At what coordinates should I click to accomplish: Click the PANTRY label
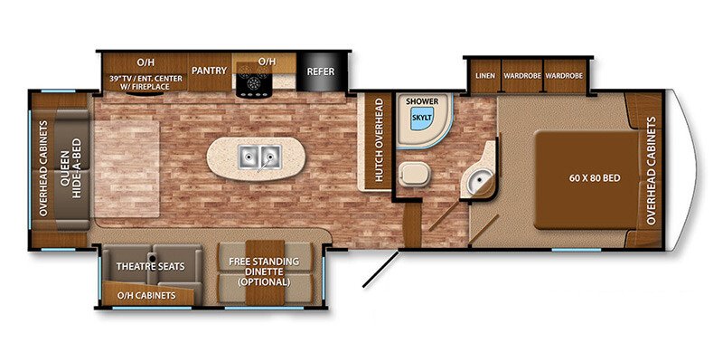(x=210, y=71)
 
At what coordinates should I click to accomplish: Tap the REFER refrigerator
(x=321, y=71)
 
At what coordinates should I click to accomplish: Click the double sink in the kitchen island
(x=260, y=157)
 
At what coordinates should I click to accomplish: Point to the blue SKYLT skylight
(x=421, y=118)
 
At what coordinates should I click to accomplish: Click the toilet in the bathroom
(x=415, y=175)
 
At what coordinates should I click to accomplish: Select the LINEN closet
(x=486, y=75)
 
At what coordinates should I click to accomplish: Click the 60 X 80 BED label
(x=594, y=178)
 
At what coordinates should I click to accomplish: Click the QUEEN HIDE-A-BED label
(x=70, y=168)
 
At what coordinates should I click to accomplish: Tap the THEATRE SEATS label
(x=150, y=266)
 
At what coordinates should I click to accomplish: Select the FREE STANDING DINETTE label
(x=264, y=271)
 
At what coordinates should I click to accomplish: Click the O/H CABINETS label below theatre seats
(x=146, y=296)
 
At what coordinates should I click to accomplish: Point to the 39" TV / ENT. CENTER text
(x=146, y=79)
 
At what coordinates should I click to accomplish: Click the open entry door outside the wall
(x=380, y=269)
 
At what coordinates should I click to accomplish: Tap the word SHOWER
(x=422, y=101)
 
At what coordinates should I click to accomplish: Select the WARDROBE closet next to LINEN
(x=521, y=75)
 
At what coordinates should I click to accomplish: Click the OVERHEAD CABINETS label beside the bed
(x=651, y=171)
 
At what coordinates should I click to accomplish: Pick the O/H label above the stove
(x=267, y=61)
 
